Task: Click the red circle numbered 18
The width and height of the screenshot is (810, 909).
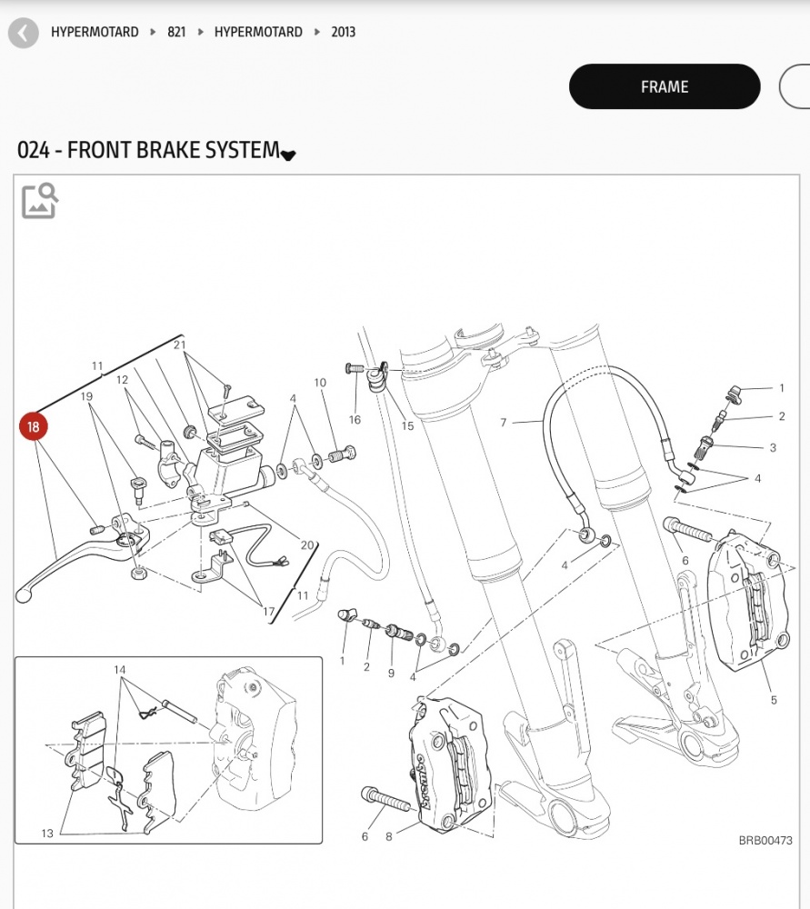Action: pyautogui.click(x=34, y=426)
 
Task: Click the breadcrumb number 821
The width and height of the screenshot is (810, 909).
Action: pyautogui.click(x=176, y=32)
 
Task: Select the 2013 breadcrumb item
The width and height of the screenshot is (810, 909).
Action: pyautogui.click(x=343, y=32)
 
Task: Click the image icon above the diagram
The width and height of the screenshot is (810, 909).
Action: pyautogui.click(x=40, y=201)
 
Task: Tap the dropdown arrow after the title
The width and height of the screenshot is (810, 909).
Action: pyautogui.click(x=288, y=155)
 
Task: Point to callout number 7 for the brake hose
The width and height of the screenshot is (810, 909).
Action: pyautogui.click(x=503, y=423)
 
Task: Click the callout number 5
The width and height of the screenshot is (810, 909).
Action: pyautogui.click(x=774, y=700)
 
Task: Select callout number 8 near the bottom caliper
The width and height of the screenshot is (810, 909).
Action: pyautogui.click(x=388, y=837)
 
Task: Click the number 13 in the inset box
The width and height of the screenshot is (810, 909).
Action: pyautogui.click(x=47, y=833)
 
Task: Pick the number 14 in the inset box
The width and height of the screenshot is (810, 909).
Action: pyautogui.click(x=119, y=671)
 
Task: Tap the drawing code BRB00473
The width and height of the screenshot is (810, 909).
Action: pyautogui.click(x=765, y=842)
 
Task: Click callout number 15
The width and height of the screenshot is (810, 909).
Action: pyautogui.click(x=407, y=425)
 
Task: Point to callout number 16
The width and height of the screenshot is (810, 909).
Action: pyautogui.click(x=355, y=419)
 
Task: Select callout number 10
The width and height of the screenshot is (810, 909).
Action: pyautogui.click(x=320, y=383)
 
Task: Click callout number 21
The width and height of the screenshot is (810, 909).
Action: pyautogui.click(x=179, y=345)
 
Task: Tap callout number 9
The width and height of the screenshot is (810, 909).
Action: pyautogui.click(x=391, y=673)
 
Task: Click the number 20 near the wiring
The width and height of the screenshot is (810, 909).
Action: pyautogui.click(x=307, y=545)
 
